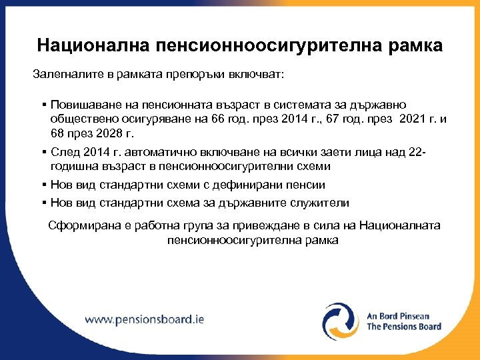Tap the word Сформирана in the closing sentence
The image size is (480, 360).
click(82, 225)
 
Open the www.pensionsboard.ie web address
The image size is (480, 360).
click(145, 319)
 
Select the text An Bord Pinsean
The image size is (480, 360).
click(399, 315)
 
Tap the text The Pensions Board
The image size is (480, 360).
click(404, 327)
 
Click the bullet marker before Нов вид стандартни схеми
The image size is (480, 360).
click(43, 185)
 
